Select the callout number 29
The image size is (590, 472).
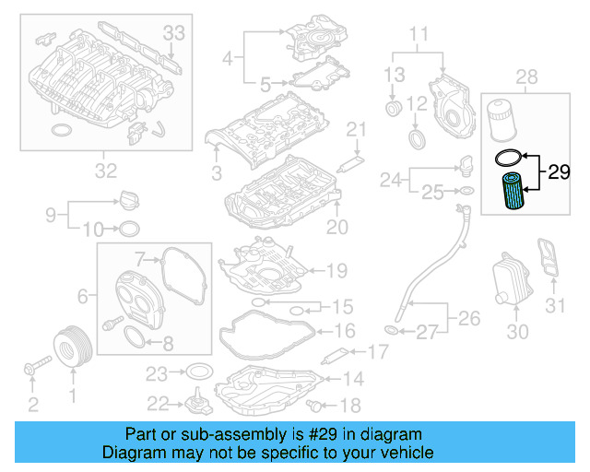[x=560, y=172]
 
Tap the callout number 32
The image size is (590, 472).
[x=106, y=170]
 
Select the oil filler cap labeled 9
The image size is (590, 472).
[x=128, y=199]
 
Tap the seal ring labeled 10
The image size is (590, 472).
[x=130, y=229]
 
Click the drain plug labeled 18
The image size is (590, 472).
[x=320, y=405]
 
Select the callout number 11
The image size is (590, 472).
[x=419, y=37]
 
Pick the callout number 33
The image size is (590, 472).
[x=173, y=33]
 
